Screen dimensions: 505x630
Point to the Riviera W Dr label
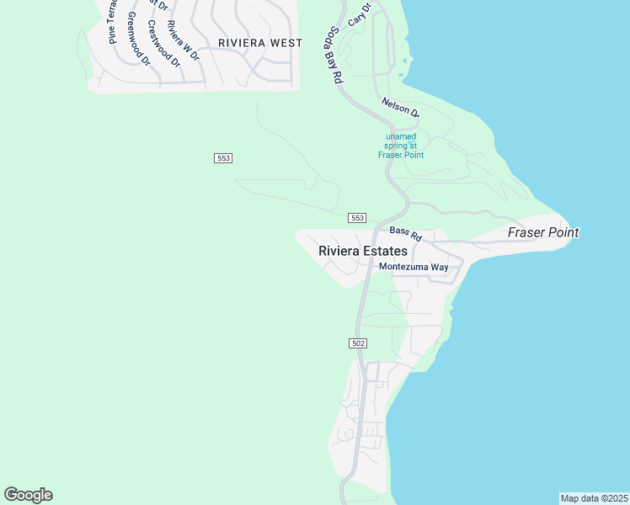point(183,40)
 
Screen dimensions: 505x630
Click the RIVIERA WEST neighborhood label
point(259,42)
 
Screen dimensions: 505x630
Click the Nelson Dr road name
point(400,106)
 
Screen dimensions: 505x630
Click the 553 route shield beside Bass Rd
point(357,218)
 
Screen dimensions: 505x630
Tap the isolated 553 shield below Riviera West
point(223,158)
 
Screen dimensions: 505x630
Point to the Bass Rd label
point(405,231)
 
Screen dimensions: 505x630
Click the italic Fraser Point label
point(543,232)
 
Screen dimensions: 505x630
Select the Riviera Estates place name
point(363,251)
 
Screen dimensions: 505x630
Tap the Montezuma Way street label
point(414,267)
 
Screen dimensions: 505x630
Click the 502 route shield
point(357,343)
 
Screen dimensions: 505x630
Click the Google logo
point(28,495)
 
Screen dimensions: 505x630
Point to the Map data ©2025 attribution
point(594,498)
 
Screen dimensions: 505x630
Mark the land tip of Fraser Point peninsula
point(579,236)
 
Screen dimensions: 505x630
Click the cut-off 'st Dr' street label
point(158,5)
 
